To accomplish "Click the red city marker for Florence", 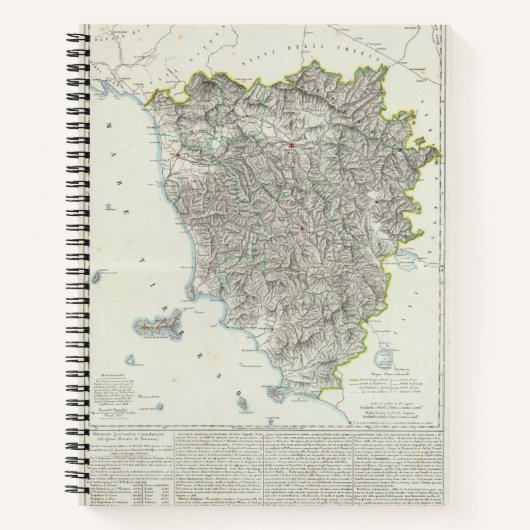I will pyautogui.click(x=289, y=148).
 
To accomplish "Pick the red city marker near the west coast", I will pyautogui.click(x=179, y=156).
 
